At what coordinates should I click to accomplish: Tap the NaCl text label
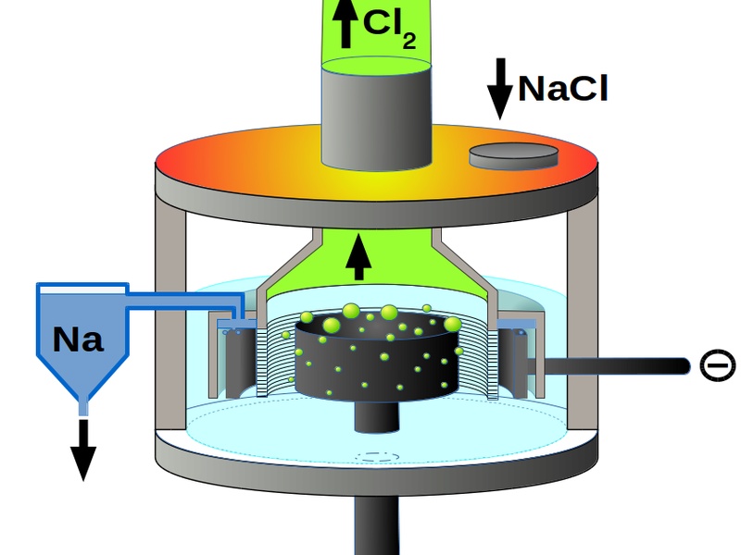pyautogui.click(x=562, y=88)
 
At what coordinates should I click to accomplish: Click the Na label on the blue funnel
pyautogui.click(x=78, y=339)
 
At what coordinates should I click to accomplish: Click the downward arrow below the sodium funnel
pyautogui.click(x=83, y=449)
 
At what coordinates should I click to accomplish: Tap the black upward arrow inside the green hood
pyautogui.click(x=358, y=256)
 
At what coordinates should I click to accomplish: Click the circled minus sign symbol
pyautogui.click(x=716, y=365)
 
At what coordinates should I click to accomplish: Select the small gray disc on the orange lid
pyautogui.click(x=515, y=155)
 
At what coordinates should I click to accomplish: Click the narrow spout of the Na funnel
pyautogui.click(x=84, y=403)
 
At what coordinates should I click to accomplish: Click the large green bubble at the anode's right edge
pyautogui.click(x=452, y=324)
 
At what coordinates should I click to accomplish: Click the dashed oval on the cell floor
pyautogui.click(x=375, y=456)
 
